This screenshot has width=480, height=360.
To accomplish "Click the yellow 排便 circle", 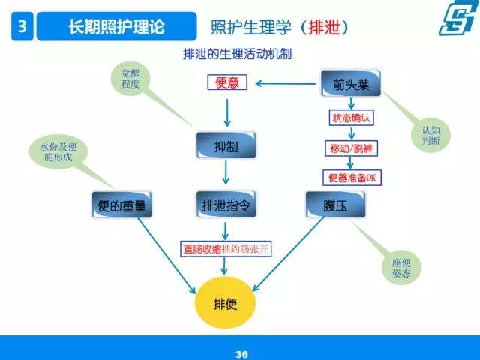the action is (225, 302).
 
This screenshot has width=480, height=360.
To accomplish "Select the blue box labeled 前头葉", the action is (351, 83).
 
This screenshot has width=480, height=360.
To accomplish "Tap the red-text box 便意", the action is (227, 82).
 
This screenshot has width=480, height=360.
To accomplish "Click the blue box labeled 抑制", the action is (226, 145).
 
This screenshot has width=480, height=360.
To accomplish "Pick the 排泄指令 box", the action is (226, 205).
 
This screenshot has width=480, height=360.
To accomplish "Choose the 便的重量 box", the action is (121, 205).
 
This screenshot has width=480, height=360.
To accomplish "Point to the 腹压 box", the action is (335, 205).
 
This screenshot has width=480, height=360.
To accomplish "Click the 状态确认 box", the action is (352, 118).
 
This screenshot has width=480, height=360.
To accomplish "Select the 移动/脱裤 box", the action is (352, 148).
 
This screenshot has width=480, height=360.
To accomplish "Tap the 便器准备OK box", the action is (352, 178).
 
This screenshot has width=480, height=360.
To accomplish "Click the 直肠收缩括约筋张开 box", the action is (226, 248).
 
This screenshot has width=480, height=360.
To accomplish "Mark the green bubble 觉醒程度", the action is (130, 79).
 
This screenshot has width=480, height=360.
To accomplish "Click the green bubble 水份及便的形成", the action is (58, 152).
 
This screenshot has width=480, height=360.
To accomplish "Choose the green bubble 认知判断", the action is (430, 135).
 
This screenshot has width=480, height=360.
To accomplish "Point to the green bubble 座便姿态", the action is (401, 267).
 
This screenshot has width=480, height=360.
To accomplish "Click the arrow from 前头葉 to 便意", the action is (286, 83).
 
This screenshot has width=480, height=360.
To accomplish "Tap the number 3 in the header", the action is (22, 26).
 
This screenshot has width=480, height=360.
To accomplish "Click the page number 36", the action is (241, 354).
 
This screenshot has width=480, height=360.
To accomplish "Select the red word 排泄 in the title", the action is (324, 28).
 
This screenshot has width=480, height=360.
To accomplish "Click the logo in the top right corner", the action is (458, 18).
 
